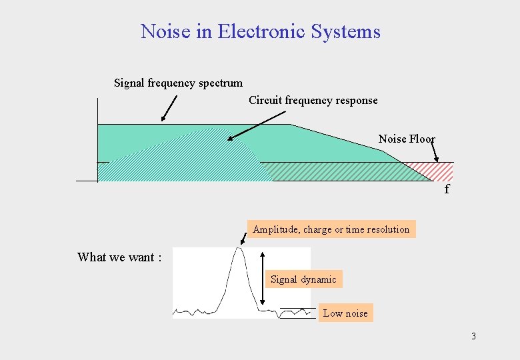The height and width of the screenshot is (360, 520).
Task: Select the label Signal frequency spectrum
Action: coord(178,83)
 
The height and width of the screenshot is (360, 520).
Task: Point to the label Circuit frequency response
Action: coord(313,101)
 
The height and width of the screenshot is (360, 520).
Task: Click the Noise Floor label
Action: coord(406,139)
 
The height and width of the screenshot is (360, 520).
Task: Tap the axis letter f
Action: coord(447,189)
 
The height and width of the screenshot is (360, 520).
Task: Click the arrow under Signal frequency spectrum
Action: coord(169,109)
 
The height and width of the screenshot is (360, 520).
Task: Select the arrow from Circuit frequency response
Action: coord(256,125)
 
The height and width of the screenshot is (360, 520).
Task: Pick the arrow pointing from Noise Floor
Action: coord(434,151)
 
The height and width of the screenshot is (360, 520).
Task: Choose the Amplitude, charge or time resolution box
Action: coord(331,229)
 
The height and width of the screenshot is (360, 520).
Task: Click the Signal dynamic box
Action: coord(303,279)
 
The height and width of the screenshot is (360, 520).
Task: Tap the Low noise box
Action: coord(345,313)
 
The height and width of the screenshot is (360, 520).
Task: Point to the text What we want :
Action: coord(119,257)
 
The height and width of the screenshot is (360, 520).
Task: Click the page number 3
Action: coord(473,336)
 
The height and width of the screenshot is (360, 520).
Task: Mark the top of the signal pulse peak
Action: coord(239,249)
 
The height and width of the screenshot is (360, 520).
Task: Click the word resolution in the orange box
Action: coord(389,229)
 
